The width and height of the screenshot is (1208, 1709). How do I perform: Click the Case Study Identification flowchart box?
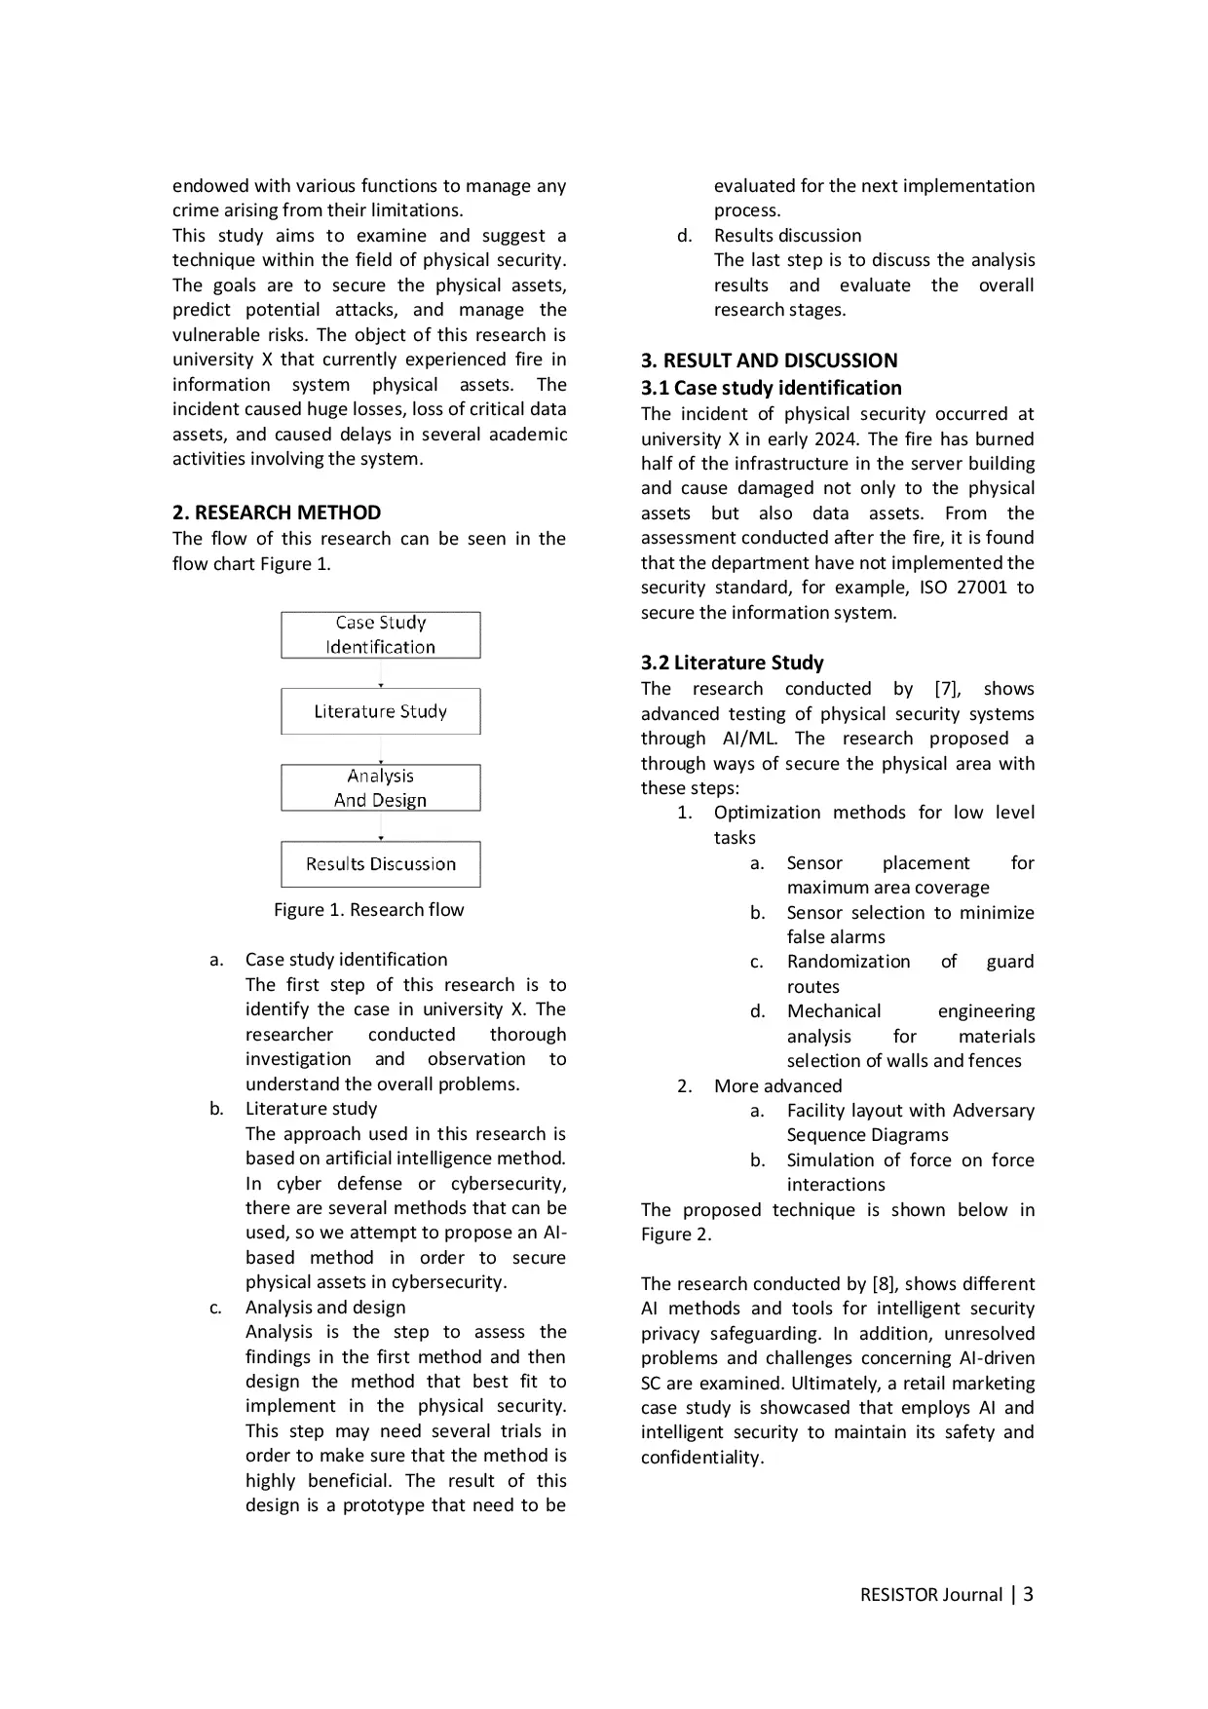tap(380, 634)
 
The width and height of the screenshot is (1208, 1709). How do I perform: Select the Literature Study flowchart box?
tap(380, 711)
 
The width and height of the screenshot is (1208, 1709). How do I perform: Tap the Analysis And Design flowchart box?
tap(380, 787)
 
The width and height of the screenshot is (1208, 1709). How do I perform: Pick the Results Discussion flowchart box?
tap(380, 864)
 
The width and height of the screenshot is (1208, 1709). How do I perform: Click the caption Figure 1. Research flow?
tap(368, 910)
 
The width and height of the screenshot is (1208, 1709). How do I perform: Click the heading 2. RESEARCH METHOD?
tap(277, 513)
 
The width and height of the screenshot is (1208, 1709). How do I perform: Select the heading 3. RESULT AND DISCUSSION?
tap(769, 361)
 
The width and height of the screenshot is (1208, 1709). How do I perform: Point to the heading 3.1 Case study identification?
tap(771, 388)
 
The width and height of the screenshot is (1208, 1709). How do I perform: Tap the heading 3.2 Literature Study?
tap(732, 663)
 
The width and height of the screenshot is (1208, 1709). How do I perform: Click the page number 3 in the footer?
tap(1028, 1594)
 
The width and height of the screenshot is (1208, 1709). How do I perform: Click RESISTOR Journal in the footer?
tap(930, 1595)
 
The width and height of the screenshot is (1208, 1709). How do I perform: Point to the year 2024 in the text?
tap(837, 439)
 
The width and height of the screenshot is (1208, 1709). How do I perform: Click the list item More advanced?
tap(777, 1086)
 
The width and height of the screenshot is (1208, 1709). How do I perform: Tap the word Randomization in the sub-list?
tap(848, 962)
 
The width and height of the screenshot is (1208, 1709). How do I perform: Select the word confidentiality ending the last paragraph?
tap(701, 1458)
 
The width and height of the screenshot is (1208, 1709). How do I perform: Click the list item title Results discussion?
tap(787, 236)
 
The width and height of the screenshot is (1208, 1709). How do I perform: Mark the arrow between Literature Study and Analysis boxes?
tap(381, 749)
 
